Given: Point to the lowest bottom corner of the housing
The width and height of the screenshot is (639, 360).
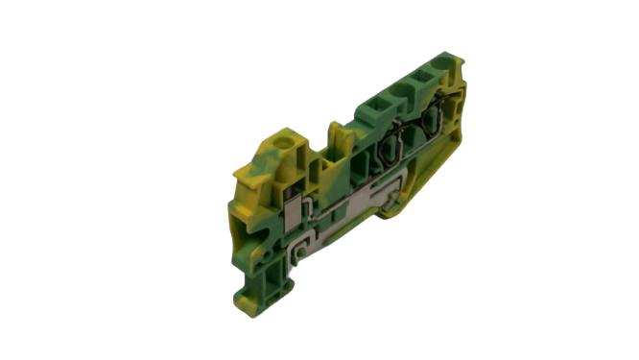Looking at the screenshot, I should click(x=273, y=300).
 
